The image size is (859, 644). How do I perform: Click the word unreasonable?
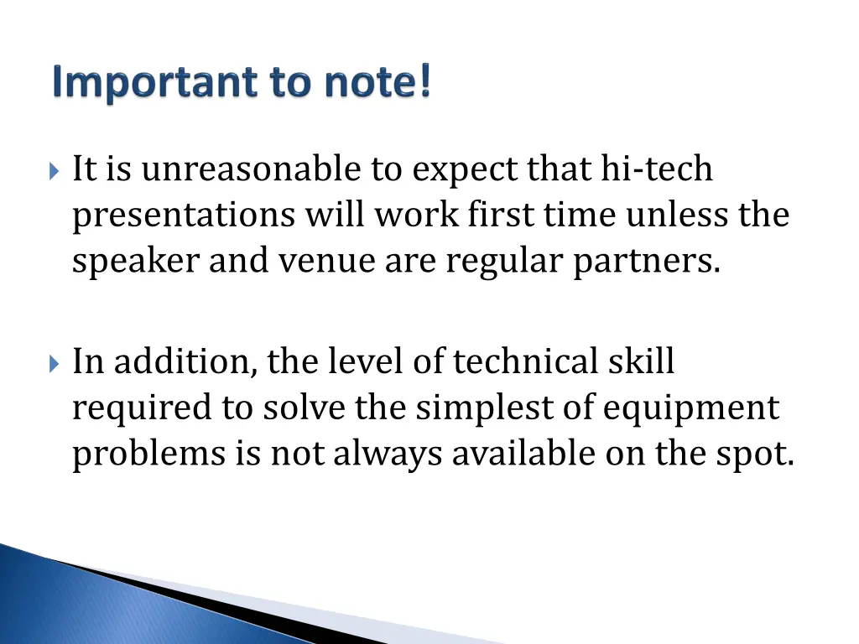[x=251, y=169]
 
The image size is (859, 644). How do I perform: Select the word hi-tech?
[x=657, y=169]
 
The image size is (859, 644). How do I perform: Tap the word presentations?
[x=184, y=216]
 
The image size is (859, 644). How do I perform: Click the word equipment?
[x=691, y=409]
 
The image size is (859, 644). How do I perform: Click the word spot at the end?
[x=758, y=454]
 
